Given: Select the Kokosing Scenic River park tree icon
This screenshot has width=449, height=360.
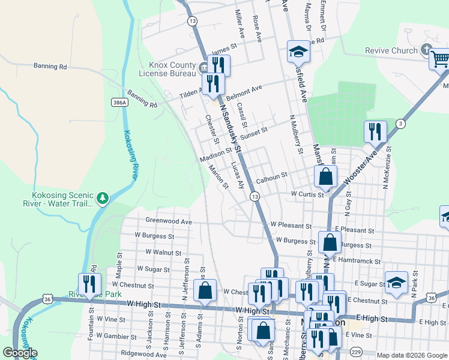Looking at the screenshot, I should [x=103, y=198].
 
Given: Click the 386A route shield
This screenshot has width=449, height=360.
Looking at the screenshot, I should [x=119, y=103].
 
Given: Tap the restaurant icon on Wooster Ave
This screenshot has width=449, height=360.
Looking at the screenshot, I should [x=375, y=131].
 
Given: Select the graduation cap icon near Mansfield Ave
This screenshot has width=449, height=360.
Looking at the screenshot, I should [x=298, y=52].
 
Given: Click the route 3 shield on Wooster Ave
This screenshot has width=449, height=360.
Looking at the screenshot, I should [x=400, y=124].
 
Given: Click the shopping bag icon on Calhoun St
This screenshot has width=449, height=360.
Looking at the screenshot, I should [x=325, y=176].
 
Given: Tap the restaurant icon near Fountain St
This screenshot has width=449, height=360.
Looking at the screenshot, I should [x=88, y=284].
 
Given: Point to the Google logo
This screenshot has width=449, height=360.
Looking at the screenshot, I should [x=20, y=353].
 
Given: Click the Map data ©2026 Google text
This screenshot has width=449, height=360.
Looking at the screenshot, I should [x=412, y=355].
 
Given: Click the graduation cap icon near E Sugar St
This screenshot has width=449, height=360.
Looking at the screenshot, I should [x=396, y=283].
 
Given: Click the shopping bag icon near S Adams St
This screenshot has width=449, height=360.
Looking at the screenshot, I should [x=205, y=290].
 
